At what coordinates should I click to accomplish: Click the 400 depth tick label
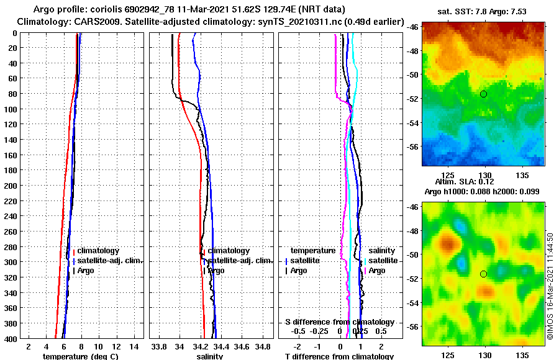(11, 338)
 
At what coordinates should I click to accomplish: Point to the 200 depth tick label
(11, 185)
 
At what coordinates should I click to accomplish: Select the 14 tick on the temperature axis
(134, 345)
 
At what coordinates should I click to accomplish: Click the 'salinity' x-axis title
(209, 356)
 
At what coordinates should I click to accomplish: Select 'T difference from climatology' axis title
(339, 356)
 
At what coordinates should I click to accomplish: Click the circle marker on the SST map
(483, 94)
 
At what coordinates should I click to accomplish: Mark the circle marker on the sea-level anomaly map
(483, 274)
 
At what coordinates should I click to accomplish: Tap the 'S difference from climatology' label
(339, 322)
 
